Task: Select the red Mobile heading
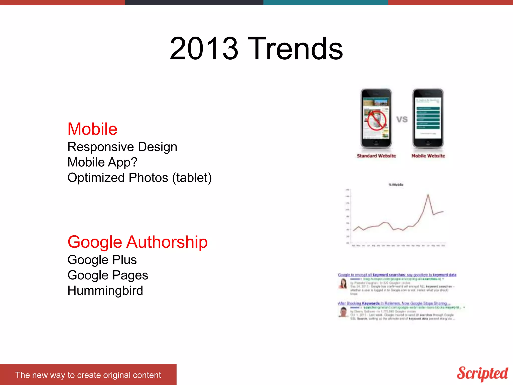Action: click(x=92, y=129)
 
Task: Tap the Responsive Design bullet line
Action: click(x=122, y=147)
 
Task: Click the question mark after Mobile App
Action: click(x=134, y=162)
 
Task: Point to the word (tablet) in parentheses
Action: click(x=192, y=178)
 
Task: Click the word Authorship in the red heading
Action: click(x=167, y=242)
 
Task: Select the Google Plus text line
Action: click(x=102, y=260)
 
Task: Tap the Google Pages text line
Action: click(x=108, y=275)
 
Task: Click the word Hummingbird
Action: click(x=105, y=291)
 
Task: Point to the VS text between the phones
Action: click(x=402, y=119)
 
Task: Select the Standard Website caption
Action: click(x=376, y=156)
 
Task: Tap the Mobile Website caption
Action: click(x=428, y=156)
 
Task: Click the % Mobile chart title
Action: click(x=396, y=185)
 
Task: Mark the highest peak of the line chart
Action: click(x=428, y=195)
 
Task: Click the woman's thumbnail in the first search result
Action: click(x=343, y=284)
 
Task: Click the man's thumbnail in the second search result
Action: click(x=343, y=312)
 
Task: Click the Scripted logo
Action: click(x=482, y=373)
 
